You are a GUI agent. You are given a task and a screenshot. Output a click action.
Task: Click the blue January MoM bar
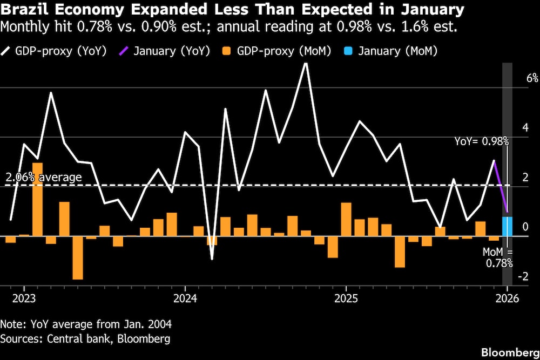(x=507, y=227)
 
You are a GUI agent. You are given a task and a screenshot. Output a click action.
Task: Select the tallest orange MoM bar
(x=38, y=199)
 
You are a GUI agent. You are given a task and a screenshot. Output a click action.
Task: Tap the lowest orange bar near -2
(x=78, y=257)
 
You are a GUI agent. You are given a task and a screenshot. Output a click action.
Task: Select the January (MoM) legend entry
(x=389, y=51)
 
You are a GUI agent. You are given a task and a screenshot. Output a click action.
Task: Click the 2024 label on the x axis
(x=185, y=298)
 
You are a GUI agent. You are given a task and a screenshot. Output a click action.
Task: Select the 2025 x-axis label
(x=346, y=298)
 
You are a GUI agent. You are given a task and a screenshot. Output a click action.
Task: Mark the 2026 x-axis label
(x=507, y=298)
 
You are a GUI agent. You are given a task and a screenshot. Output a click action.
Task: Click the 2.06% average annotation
(x=44, y=177)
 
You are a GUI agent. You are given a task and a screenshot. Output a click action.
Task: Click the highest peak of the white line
(x=306, y=64)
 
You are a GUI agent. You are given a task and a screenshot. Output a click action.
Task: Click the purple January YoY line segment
(x=501, y=187)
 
